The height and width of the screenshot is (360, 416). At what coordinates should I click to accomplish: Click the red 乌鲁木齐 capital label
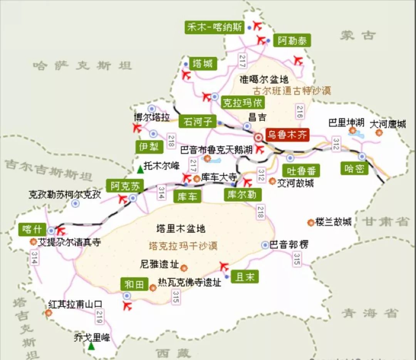pyautogui.click(x=287, y=135)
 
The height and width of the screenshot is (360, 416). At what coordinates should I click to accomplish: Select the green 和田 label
pyautogui.click(x=134, y=284)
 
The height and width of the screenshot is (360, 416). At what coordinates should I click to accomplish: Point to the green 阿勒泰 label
pyautogui.click(x=292, y=40)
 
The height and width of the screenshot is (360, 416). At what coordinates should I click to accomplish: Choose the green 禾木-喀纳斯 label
pyautogui.click(x=215, y=27)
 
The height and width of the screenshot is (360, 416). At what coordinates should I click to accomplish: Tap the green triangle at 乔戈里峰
pyautogui.click(x=91, y=346)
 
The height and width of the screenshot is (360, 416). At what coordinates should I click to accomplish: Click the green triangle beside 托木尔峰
pyautogui.click(x=140, y=169)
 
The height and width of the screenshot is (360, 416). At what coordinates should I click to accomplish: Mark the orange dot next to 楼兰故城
pyautogui.click(x=310, y=222)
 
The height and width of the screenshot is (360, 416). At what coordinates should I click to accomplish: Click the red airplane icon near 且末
pyautogui.click(x=223, y=266)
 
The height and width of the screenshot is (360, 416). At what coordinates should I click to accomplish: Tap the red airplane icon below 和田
pyautogui.click(x=127, y=306)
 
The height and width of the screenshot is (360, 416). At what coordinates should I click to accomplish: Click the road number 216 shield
pyautogui.click(x=300, y=111)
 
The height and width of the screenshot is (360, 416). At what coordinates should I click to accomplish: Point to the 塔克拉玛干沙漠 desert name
pyautogui.click(x=183, y=246)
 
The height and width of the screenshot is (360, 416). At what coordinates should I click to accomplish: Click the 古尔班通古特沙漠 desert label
pyautogui.click(x=292, y=91)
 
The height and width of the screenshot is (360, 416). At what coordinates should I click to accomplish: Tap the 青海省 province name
pyautogui.click(x=370, y=313)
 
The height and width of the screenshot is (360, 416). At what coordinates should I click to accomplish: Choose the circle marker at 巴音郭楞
pyautogui.click(x=265, y=245)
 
